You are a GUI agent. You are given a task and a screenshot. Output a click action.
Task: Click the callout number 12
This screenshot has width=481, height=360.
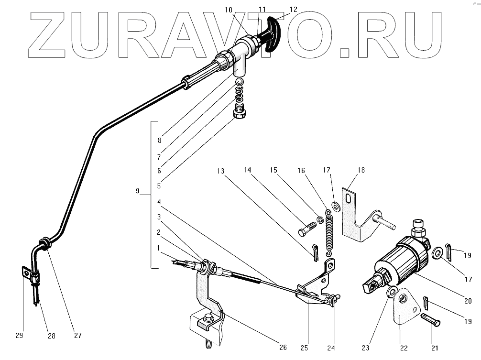coord(293,9)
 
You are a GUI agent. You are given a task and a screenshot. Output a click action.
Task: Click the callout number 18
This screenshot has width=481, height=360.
coord(360,170)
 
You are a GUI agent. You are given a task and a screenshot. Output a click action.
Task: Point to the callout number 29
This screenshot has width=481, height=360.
coord(19,336)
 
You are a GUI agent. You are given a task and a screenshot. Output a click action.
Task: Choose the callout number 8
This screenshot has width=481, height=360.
coord(159,141)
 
